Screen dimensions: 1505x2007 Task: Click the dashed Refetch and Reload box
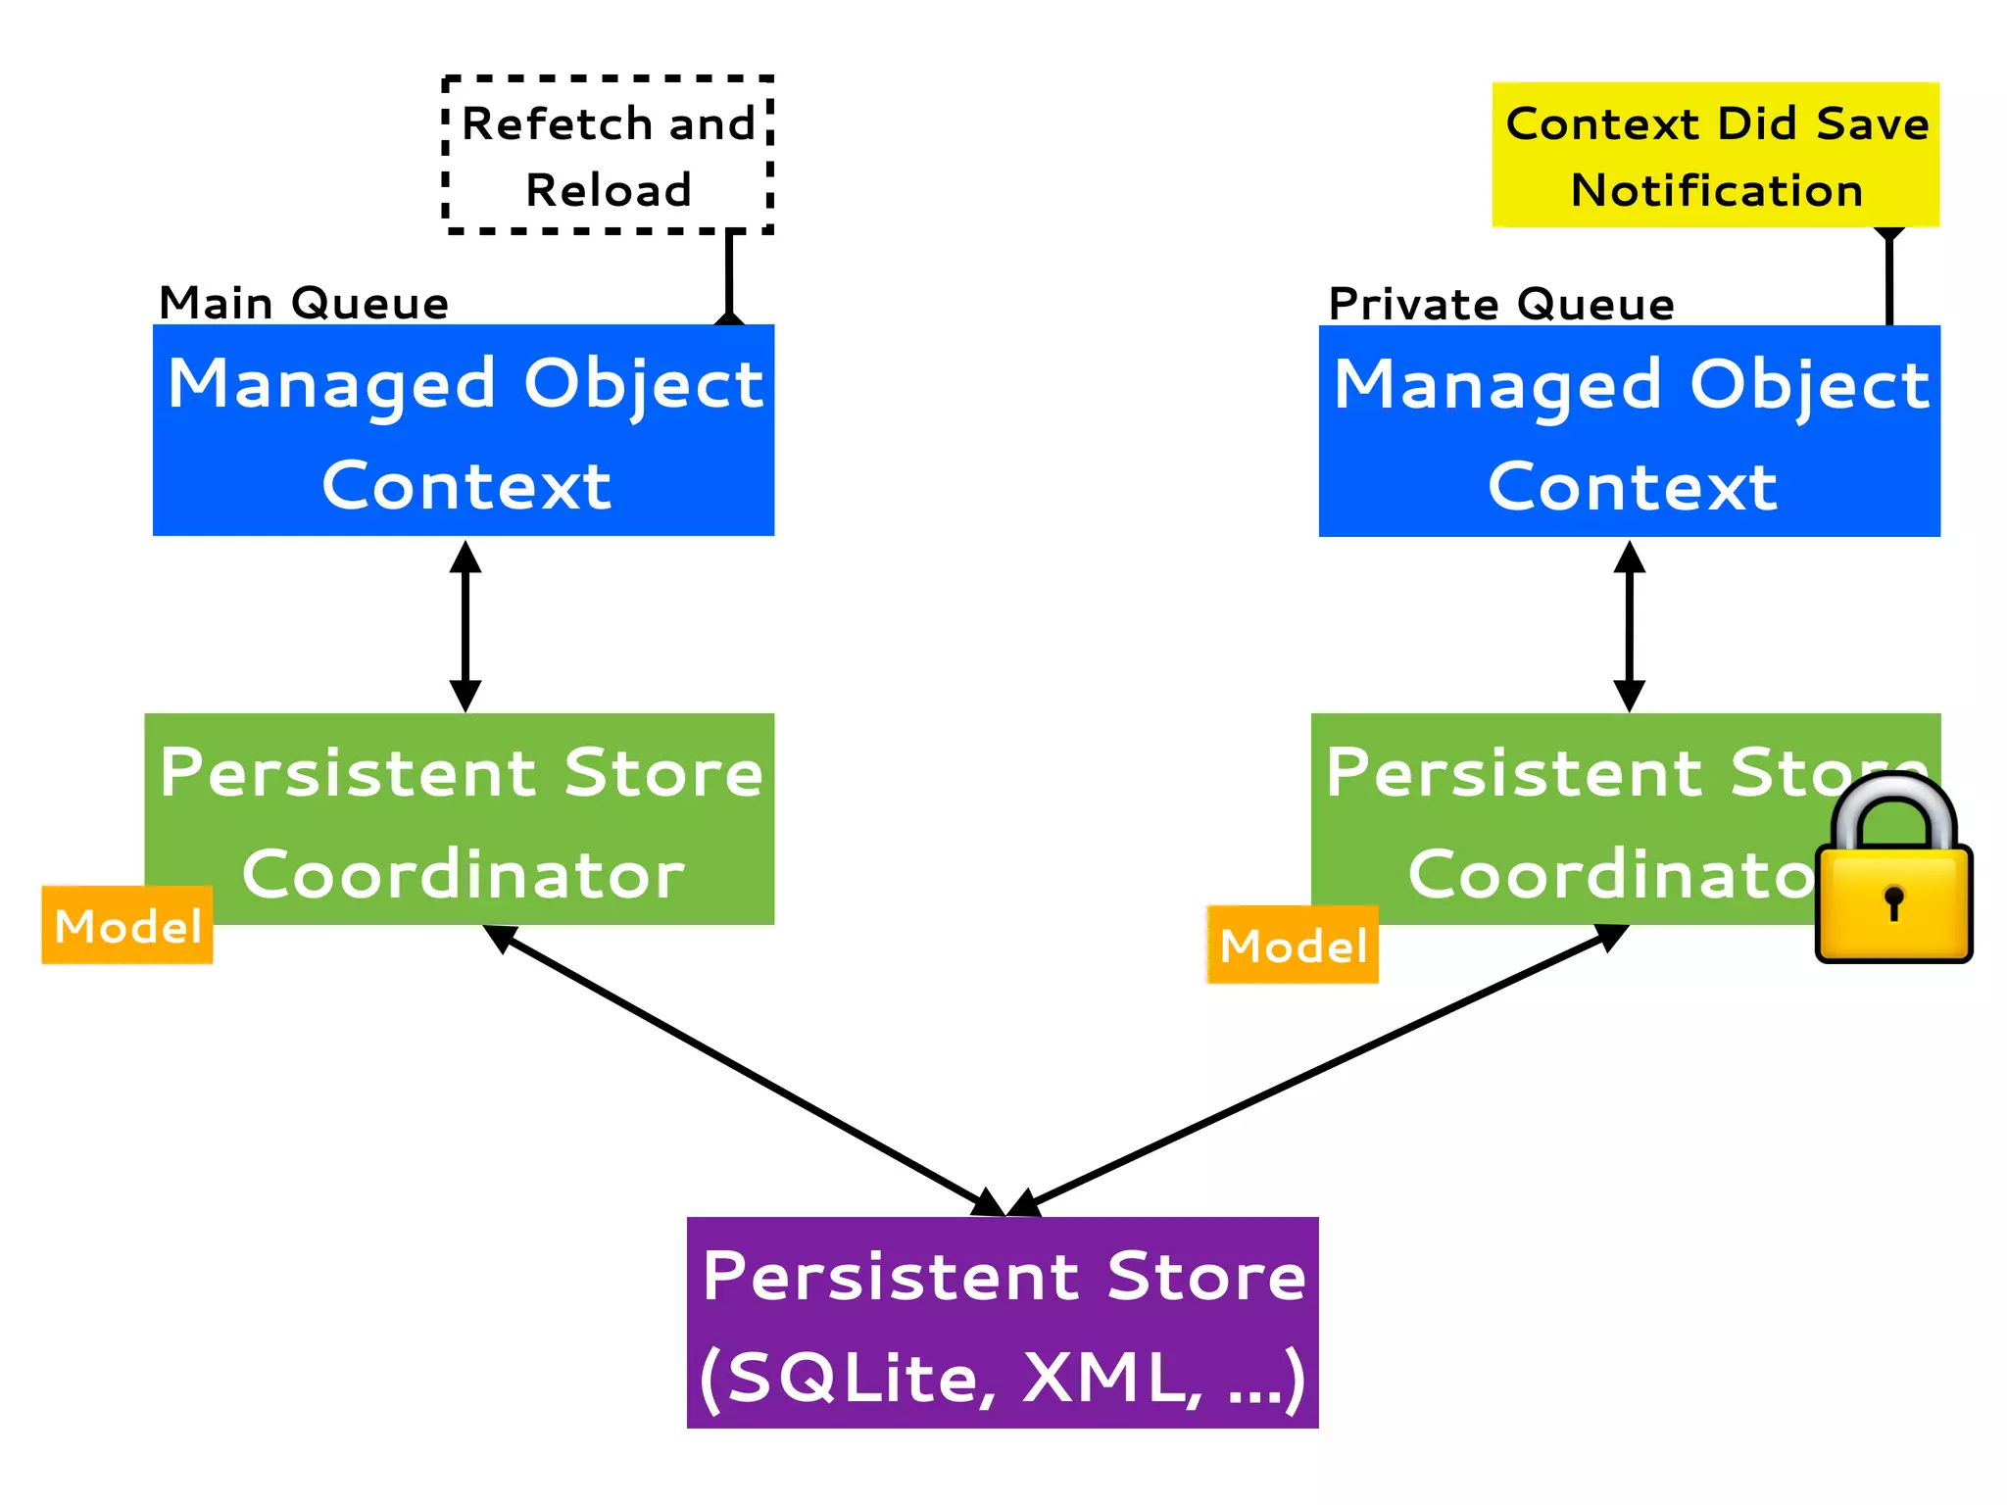tap(608, 155)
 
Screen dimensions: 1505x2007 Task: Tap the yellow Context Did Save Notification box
tap(1715, 155)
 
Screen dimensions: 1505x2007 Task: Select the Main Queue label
tap(304, 303)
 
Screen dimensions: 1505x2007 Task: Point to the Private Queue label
tap(1501, 304)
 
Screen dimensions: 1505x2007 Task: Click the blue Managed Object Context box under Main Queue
tap(464, 431)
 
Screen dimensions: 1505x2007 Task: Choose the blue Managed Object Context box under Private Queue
tap(1629, 431)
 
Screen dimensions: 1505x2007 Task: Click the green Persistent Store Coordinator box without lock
tap(461, 818)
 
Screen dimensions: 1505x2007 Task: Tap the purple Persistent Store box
tap(1003, 1323)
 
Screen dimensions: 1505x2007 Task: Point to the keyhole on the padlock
tap(1893, 900)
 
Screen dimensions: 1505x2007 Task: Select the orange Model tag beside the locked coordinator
tap(1293, 946)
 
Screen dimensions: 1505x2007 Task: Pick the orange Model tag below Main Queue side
tap(127, 926)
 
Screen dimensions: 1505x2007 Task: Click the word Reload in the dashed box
tap(608, 190)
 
